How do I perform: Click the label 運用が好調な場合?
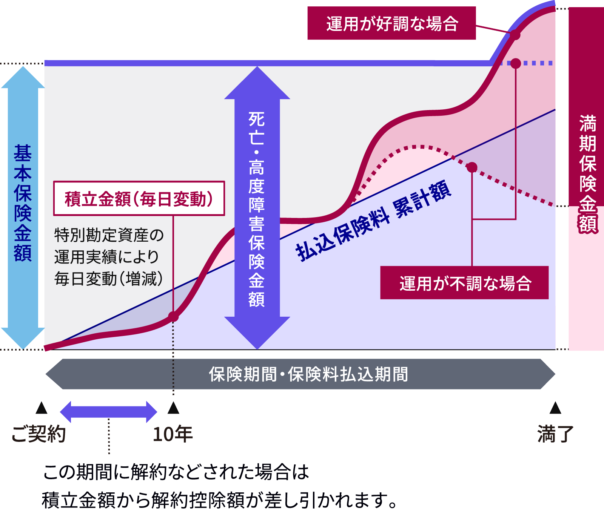(x=391, y=23)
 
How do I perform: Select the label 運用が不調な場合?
(x=464, y=283)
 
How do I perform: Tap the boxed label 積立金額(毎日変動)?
(x=139, y=199)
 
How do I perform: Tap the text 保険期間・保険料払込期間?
(x=308, y=374)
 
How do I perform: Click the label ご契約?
(x=39, y=434)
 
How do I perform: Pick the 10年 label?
(x=173, y=434)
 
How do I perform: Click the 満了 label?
(x=555, y=434)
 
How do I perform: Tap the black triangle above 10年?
(x=173, y=408)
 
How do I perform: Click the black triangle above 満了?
(x=555, y=408)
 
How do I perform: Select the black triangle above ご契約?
(x=41, y=408)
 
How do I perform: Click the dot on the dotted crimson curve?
(x=472, y=167)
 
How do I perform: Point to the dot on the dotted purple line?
(x=516, y=63)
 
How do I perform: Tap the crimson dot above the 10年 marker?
(x=173, y=316)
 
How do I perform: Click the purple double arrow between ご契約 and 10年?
(x=108, y=412)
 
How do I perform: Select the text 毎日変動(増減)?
(x=109, y=279)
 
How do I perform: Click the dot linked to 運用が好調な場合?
(x=515, y=35)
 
